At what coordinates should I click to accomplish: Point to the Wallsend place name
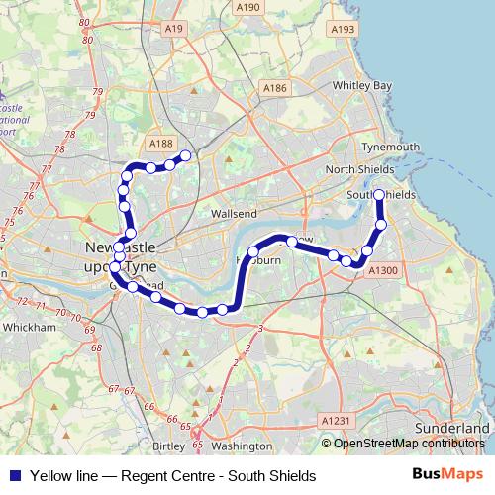click(234, 213)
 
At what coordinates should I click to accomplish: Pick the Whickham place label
click(29, 326)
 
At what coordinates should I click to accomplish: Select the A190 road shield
click(247, 7)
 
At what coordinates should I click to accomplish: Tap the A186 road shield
click(274, 89)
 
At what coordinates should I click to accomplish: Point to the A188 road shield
click(159, 144)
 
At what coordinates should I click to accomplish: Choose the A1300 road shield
click(382, 269)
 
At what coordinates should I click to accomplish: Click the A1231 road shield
click(336, 421)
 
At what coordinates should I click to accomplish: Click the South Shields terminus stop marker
click(379, 195)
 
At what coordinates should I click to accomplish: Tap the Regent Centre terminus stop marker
click(184, 154)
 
